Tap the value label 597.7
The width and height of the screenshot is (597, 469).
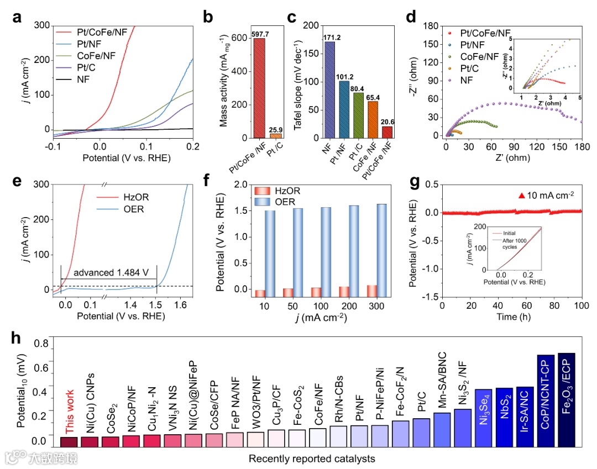point(259,34)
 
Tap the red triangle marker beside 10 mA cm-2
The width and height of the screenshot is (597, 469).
point(521,195)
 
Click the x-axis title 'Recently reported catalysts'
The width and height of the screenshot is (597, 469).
point(312,459)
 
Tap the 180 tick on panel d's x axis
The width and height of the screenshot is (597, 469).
point(582,147)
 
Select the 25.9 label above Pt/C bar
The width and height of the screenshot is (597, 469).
point(275,128)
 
